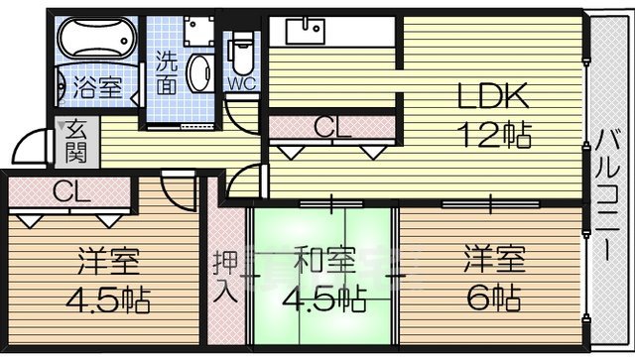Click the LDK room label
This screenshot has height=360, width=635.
click(x=493, y=96)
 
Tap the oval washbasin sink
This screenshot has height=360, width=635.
click(x=200, y=76)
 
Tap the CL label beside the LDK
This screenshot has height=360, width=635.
click(x=330, y=127)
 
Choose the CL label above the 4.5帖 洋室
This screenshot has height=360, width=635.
click(x=69, y=191)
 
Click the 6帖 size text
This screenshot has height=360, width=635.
click(x=494, y=298)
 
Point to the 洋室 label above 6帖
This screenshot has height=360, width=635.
click(x=494, y=263)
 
